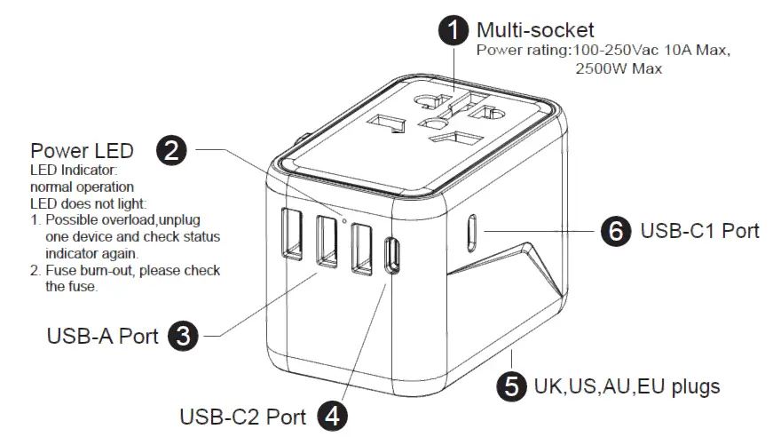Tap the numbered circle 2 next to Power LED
[170, 150]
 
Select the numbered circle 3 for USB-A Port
[182, 336]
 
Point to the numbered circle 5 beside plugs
[510, 386]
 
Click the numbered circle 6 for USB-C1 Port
[615, 231]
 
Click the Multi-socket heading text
[535, 30]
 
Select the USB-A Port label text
[102, 337]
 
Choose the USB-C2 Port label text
[242, 417]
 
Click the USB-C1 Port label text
[699, 231]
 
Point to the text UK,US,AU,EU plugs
[626, 386]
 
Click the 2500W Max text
[618, 68]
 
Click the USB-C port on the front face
[390, 256]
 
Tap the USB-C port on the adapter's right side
[472, 233]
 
